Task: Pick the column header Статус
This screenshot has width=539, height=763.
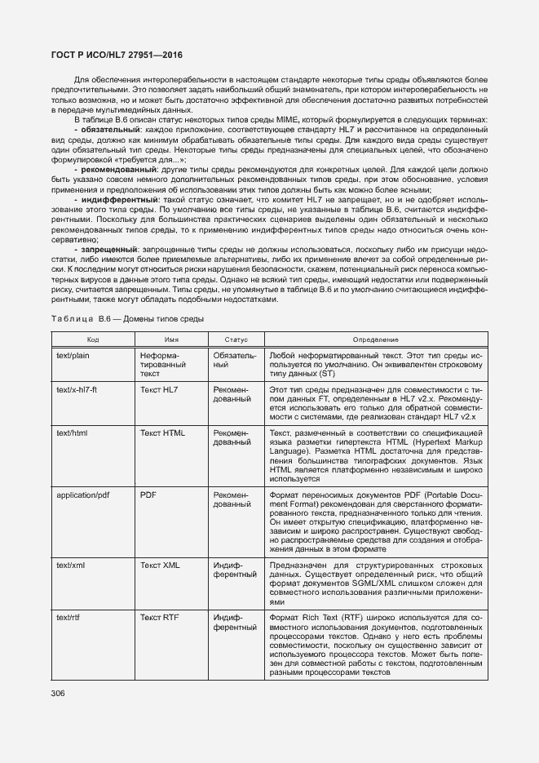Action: pyautogui.click(x=235, y=339)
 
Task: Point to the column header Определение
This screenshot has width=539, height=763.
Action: pyautogui.click(x=375, y=339)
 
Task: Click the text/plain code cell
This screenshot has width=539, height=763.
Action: pyautogui.click(x=73, y=357)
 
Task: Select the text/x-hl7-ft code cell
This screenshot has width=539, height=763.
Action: pyautogui.click(x=77, y=390)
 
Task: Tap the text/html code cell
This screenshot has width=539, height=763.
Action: pyautogui.click(x=72, y=433)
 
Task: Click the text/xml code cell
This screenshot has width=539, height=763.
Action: pyautogui.click(x=71, y=565)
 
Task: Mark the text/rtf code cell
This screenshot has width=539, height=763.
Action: pyautogui.click(x=68, y=618)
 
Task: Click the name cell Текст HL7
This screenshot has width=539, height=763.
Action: pyautogui.click(x=159, y=390)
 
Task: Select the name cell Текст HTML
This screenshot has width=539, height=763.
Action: pyautogui.click(x=163, y=433)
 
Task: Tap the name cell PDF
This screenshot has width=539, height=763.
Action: pyautogui.click(x=148, y=495)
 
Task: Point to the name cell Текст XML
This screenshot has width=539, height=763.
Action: pyautogui.click(x=161, y=565)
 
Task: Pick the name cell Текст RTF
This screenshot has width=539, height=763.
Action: pyautogui.click(x=160, y=618)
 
